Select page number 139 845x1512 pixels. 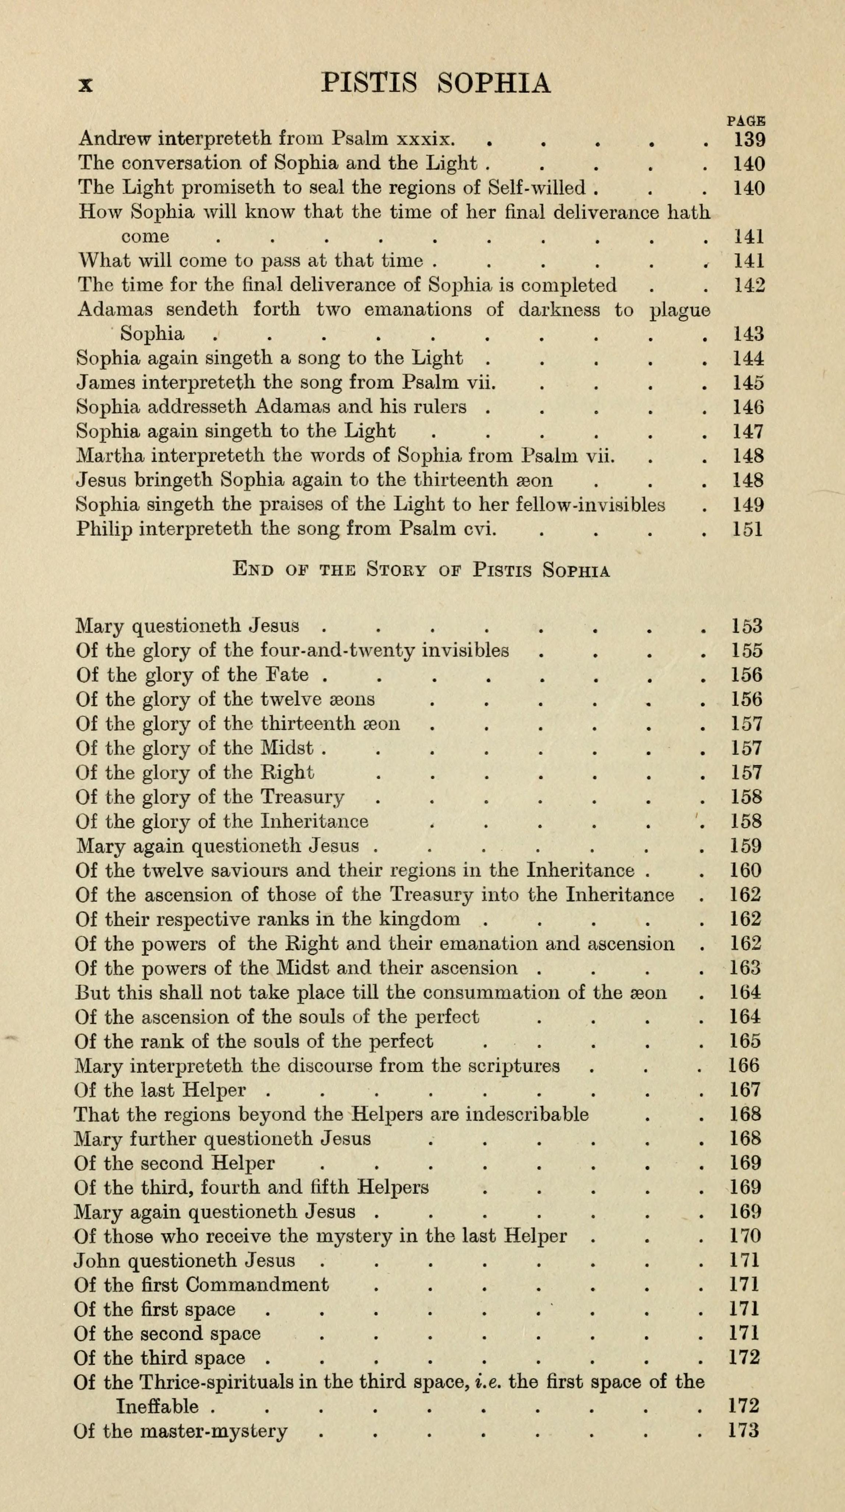[x=749, y=140]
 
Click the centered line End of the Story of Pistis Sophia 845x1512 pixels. [x=421, y=570]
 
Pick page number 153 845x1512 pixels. [x=747, y=626]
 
